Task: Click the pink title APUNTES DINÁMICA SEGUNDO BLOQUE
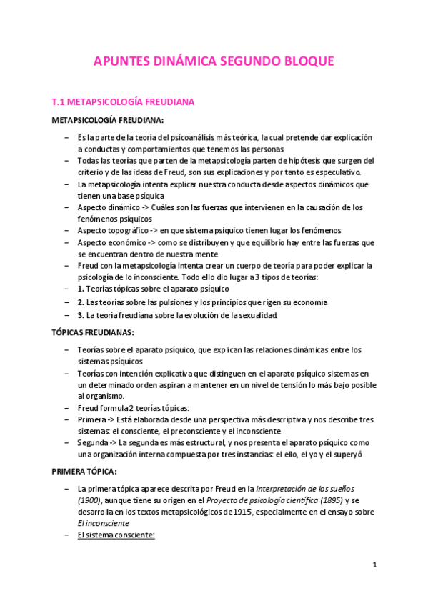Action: click(214, 62)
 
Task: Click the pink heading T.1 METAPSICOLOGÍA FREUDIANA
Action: click(129, 102)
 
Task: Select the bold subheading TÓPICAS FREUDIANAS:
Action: click(93, 333)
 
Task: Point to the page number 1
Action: click(374, 565)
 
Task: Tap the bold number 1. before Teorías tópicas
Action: click(81, 289)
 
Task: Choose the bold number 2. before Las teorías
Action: click(81, 302)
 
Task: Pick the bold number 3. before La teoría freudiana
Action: click(81, 315)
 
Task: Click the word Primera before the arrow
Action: click(91, 420)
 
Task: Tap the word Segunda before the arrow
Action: click(94, 443)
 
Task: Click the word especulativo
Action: click(339, 172)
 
